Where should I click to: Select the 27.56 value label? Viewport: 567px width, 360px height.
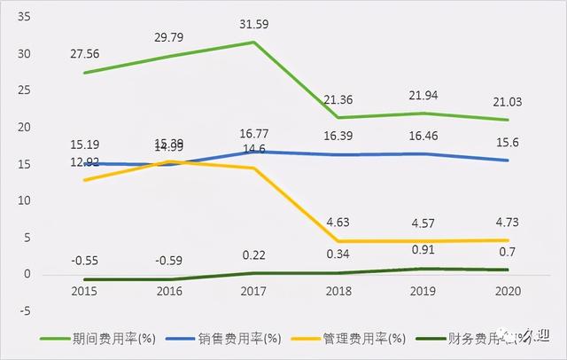[85, 53]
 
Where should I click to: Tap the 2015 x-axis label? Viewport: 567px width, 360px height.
[85, 292]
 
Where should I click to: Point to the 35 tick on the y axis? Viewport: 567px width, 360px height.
[23, 16]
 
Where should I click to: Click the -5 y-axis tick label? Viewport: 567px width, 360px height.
[25, 311]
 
